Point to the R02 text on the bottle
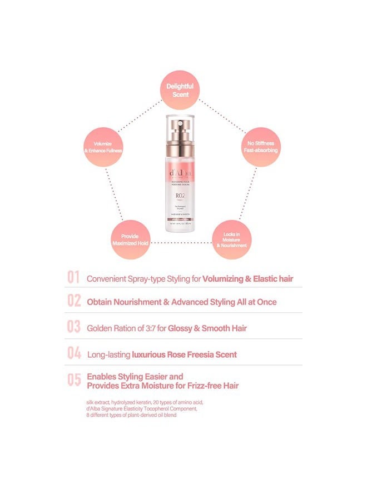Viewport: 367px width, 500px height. [x=180, y=196]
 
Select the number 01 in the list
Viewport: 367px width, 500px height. [x=74, y=278]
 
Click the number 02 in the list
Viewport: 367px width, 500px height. [x=74, y=302]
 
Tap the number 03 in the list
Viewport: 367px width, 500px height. [x=74, y=327]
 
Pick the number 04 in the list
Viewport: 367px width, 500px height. [x=74, y=353]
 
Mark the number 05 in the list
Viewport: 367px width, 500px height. [x=74, y=380]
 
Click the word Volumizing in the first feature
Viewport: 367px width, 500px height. [x=224, y=278]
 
